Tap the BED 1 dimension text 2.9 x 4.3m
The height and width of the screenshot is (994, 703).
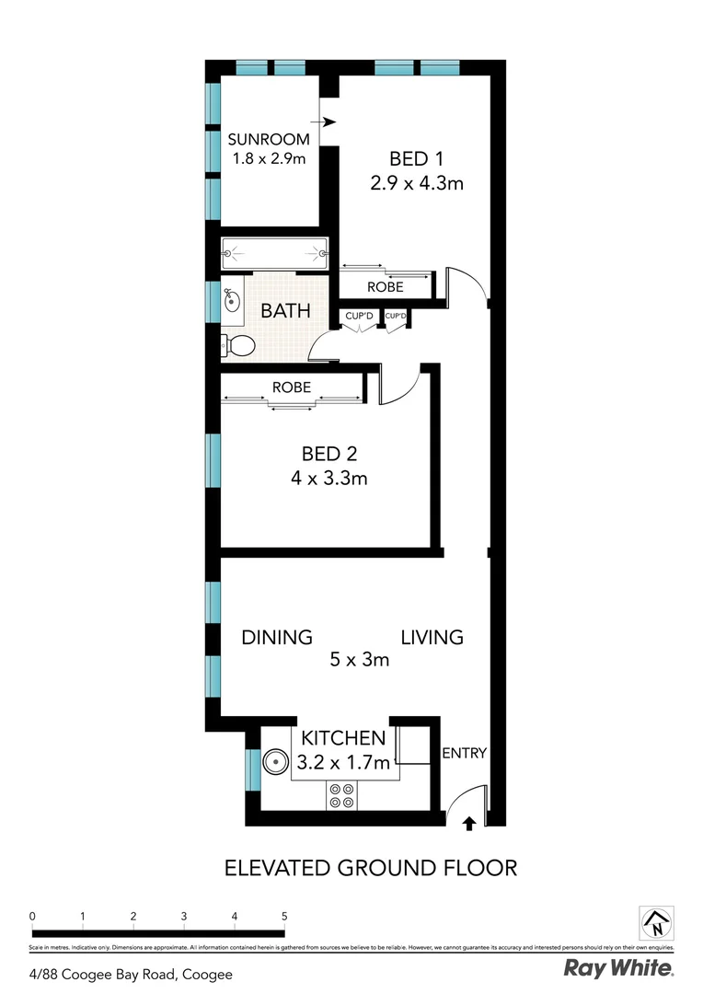tap(417, 182)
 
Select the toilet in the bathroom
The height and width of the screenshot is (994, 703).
tap(239, 346)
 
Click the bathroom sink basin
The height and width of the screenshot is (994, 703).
tap(232, 299)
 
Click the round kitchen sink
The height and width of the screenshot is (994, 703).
tap(275, 762)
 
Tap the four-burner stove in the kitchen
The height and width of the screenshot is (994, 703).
tap(342, 794)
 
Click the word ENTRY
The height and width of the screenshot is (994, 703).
tap(464, 753)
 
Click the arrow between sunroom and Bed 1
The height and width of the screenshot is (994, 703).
tap(326, 121)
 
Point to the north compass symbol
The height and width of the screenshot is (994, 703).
tap(657, 921)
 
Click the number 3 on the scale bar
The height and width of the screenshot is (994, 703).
tap(184, 917)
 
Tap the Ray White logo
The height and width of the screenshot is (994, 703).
tap(618, 969)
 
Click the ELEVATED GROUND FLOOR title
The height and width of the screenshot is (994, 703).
tap(372, 867)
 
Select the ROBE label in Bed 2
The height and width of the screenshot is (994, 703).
tap(291, 387)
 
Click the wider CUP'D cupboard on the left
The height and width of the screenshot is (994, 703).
tap(359, 318)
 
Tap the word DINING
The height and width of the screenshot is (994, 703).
tap(277, 637)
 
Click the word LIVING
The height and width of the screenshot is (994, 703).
tap(432, 637)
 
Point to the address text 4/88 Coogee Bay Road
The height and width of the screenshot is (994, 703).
tap(132, 974)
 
